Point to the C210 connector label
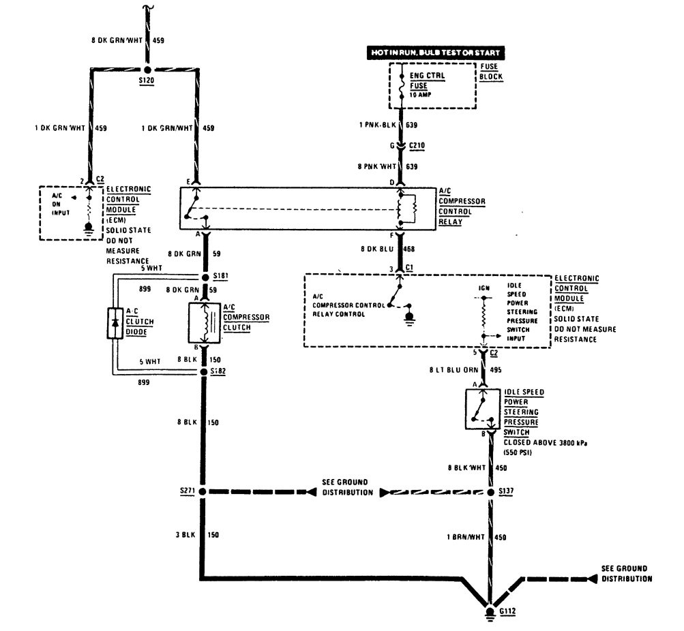tap(417, 145)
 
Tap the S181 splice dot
tap(203, 277)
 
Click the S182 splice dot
tap(203, 371)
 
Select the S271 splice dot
tap(203, 491)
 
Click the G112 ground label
tap(507, 611)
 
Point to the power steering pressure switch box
tap(483, 409)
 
